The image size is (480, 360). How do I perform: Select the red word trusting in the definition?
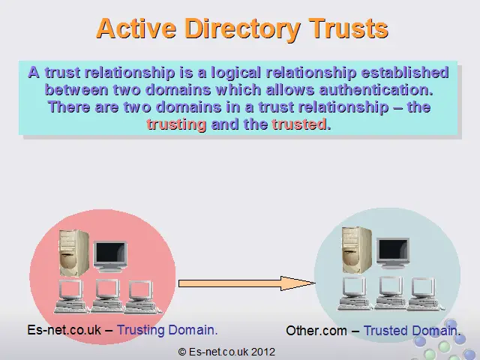(177, 125)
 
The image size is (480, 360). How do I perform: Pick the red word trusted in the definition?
(299, 124)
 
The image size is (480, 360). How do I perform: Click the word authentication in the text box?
(376, 90)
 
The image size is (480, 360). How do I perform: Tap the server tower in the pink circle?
(73, 253)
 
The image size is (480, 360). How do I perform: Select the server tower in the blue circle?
(357, 250)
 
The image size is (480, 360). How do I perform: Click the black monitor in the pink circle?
(110, 256)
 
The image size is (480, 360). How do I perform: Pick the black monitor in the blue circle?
(393, 253)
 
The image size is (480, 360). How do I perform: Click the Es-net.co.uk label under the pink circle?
(64, 330)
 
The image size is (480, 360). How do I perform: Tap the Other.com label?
(316, 331)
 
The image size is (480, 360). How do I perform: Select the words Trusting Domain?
(167, 330)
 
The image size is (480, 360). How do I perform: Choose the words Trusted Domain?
(412, 331)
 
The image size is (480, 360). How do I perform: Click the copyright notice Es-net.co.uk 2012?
(226, 352)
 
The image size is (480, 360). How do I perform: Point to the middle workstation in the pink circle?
(106, 296)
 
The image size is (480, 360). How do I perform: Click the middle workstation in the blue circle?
(390, 294)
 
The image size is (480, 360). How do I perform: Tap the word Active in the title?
(136, 28)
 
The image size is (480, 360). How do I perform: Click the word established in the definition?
(405, 73)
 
